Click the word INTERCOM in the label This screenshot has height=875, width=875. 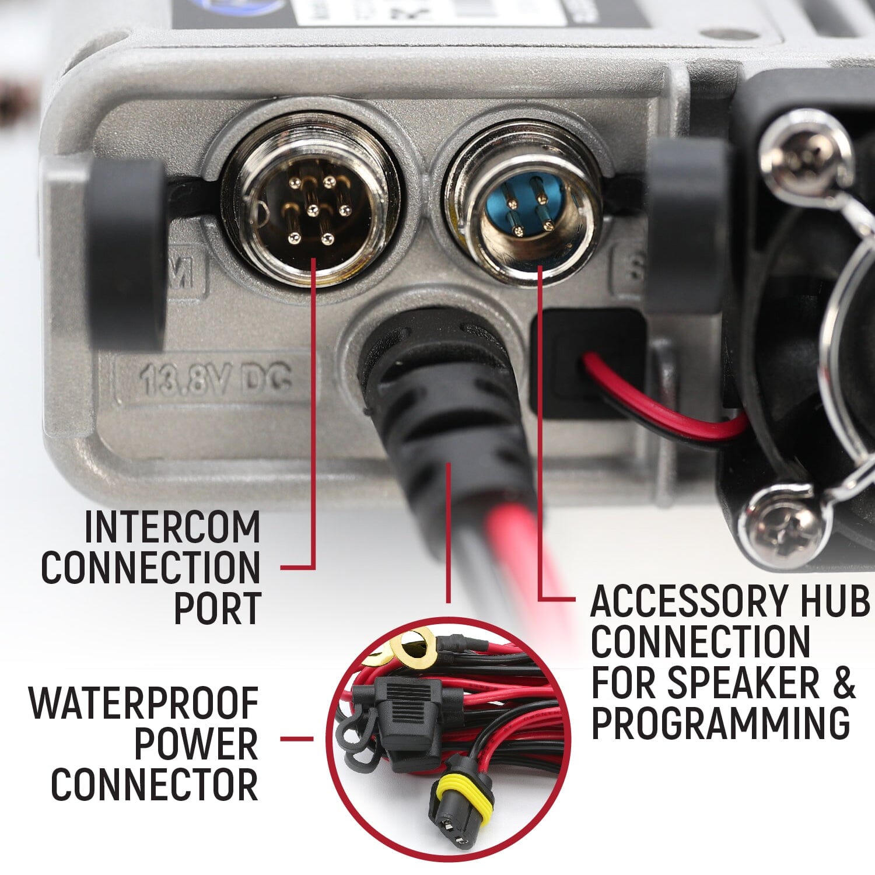[x=173, y=527]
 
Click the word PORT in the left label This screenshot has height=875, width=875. [x=217, y=608]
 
